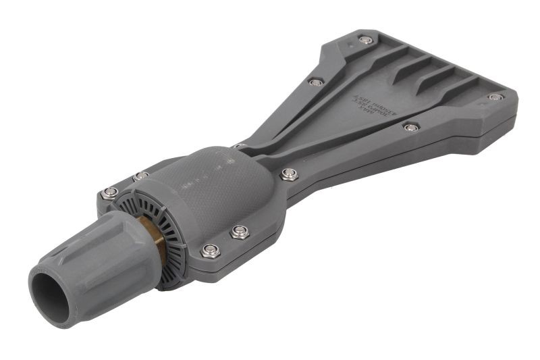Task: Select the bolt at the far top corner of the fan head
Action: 365,40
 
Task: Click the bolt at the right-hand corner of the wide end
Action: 495,97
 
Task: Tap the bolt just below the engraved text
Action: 410,127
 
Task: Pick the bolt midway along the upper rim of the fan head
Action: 315,82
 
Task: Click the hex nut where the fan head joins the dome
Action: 289,174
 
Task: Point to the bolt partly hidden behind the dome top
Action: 238,145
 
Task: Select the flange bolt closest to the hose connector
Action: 109,195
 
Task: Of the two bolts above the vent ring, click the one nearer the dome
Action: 140,177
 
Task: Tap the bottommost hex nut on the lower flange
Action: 209,251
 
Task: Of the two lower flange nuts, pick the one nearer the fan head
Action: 239,232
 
